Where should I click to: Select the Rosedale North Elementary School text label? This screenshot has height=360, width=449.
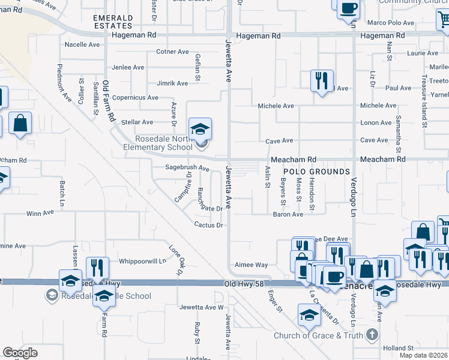coord(158,143)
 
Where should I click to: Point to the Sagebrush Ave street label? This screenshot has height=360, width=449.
coord(187,168)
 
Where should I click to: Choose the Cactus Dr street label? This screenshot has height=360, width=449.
coord(209,225)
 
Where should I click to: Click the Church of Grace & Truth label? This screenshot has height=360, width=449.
coord(319,335)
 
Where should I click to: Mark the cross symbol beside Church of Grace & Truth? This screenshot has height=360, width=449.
coord(372,334)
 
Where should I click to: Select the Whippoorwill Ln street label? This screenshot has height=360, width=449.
coord(142,261)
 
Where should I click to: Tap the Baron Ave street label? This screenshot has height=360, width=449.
coord(288,214)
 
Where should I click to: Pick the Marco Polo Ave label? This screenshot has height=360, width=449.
coord(391,23)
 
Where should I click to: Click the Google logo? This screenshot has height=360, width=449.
coord(20,352)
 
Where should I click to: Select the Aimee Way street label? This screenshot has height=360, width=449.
coord(252,265)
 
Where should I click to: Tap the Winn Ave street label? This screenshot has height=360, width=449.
coord(40,213)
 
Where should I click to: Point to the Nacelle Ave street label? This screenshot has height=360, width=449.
coord(82,44)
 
